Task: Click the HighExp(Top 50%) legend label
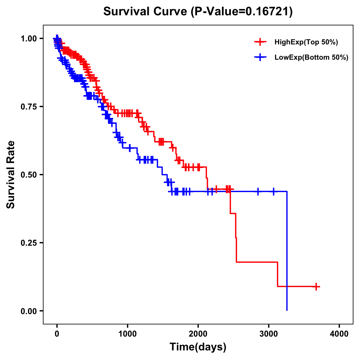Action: [x=306, y=42]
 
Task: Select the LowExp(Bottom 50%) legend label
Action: [x=311, y=58]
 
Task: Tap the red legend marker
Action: [x=260, y=42]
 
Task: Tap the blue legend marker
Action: [x=260, y=57]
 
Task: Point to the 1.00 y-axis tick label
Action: [x=28, y=38]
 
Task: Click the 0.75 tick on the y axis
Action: [x=28, y=106]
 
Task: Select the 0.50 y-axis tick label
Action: [x=28, y=175]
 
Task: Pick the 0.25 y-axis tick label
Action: [x=28, y=243]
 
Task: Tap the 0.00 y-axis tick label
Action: [x=28, y=311]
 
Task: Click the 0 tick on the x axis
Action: [x=57, y=334]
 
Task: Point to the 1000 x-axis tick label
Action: [x=127, y=334]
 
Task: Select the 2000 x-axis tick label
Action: [x=198, y=334]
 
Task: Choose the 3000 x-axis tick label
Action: [x=269, y=334]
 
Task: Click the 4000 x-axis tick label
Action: [x=339, y=334]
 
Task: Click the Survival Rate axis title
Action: [x=11, y=175]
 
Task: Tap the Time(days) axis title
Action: [x=198, y=347]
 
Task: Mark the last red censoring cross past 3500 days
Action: [x=316, y=286]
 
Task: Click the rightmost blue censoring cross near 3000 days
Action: [x=273, y=191]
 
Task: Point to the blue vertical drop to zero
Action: [x=287, y=252]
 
